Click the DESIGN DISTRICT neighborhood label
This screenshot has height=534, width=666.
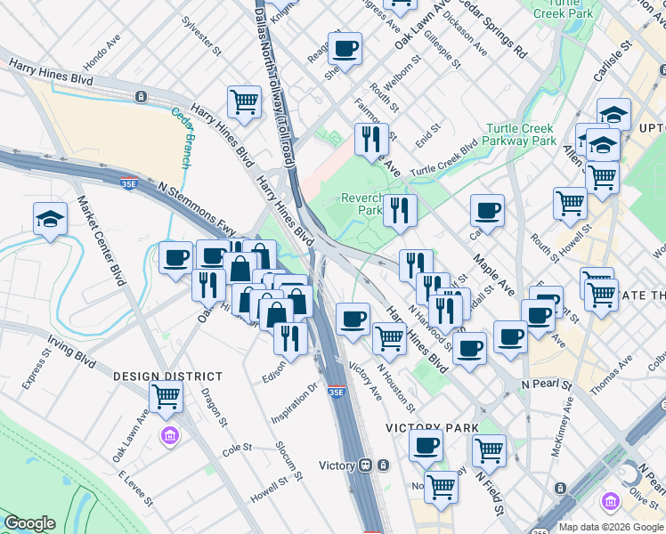tap(159, 376)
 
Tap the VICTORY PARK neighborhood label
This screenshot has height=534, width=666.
tap(426, 428)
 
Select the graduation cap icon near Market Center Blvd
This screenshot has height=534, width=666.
tap(50, 219)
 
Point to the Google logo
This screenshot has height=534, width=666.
tap(29, 523)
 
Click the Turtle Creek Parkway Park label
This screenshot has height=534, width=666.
tap(521, 134)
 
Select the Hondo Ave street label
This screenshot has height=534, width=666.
tap(101, 55)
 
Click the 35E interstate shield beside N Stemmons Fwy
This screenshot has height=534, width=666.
tap(129, 183)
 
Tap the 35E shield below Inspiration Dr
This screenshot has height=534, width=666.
tap(336, 392)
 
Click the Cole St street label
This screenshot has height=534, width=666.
tap(237, 449)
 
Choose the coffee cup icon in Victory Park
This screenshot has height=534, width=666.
tap(426, 444)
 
